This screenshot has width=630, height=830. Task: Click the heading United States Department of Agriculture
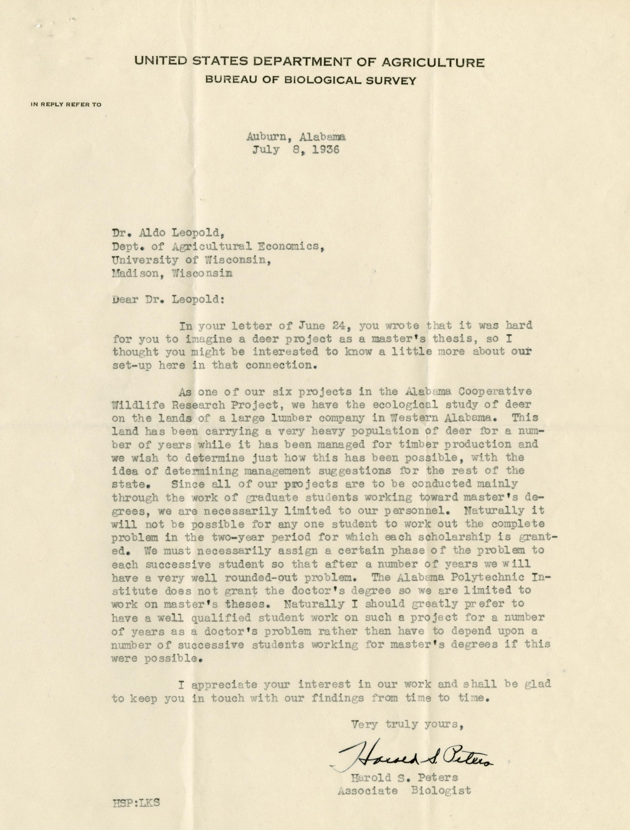pos(309,62)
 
